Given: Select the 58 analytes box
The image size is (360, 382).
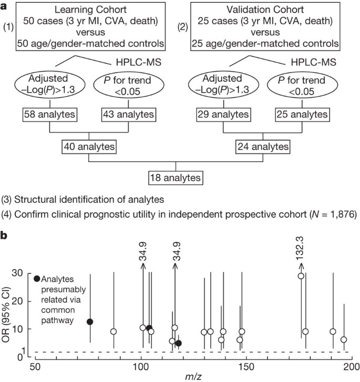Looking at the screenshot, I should pos(49,113).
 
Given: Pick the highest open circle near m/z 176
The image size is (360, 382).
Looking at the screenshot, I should pos(301,276).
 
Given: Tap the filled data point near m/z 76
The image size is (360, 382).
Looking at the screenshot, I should pos(90,322).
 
